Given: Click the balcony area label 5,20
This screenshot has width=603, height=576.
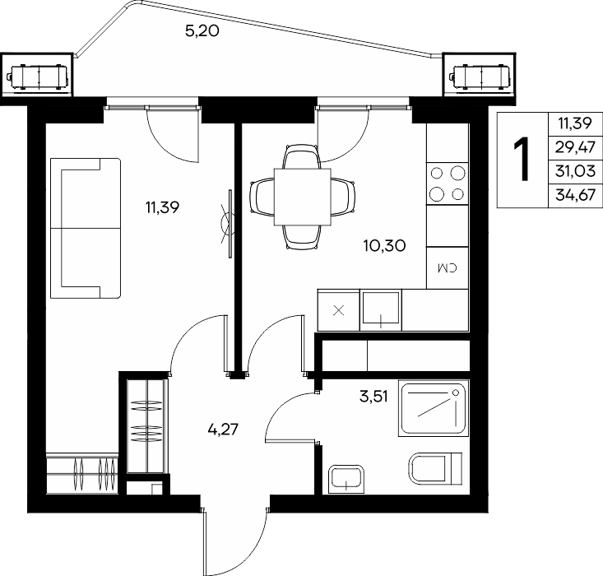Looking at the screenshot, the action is [202, 30].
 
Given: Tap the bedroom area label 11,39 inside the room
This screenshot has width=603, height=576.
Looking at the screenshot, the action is [162, 208].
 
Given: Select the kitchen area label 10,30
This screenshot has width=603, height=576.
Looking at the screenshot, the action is [384, 245].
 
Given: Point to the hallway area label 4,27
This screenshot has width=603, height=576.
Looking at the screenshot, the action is [223, 429].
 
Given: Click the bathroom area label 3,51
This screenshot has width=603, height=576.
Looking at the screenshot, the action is [373, 397].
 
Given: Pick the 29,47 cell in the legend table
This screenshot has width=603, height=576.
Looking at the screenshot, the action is [575, 147].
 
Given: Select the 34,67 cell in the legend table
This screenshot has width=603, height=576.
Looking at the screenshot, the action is [575, 196].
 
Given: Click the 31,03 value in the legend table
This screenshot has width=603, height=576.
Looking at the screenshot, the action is [575, 171].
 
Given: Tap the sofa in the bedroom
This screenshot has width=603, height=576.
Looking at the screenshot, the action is [86, 228].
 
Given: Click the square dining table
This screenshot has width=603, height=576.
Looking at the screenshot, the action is [302, 197].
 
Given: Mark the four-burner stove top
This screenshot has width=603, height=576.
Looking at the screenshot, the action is [448, 183].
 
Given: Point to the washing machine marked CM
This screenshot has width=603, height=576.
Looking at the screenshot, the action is [448, 267].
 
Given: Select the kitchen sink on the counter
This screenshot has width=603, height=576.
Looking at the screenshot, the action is [381, 309].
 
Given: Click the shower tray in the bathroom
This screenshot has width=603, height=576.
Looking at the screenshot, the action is [434, 408].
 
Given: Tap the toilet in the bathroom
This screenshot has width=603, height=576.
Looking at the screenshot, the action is [435, 468].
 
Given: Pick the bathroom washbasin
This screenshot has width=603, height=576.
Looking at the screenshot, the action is [346, 480].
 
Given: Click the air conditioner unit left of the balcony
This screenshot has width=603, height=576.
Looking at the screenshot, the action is [37, 77].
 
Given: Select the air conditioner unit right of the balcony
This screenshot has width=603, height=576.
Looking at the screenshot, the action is [480, 78].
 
